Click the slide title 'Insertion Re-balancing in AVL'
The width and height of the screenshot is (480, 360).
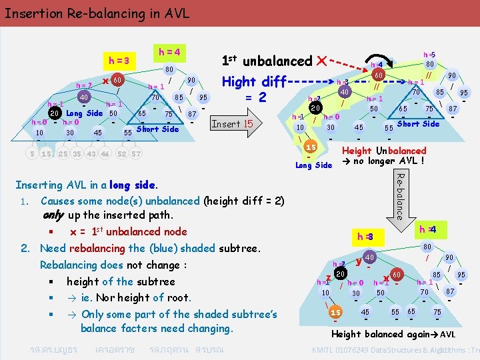pos(97,13)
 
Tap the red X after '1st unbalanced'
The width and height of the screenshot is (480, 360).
pos(322,61)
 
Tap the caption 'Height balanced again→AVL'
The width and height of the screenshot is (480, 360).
pos(393,334)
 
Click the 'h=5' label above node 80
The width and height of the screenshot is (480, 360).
pos(429,55)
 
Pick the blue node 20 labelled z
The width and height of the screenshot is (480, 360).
pos(340,274)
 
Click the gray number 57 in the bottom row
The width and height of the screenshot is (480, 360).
pos(135,154)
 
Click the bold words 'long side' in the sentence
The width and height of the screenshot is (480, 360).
pos(131,185)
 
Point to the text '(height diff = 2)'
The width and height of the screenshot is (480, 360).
pos(243,201)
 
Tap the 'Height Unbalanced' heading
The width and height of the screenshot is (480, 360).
pos(383,151)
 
